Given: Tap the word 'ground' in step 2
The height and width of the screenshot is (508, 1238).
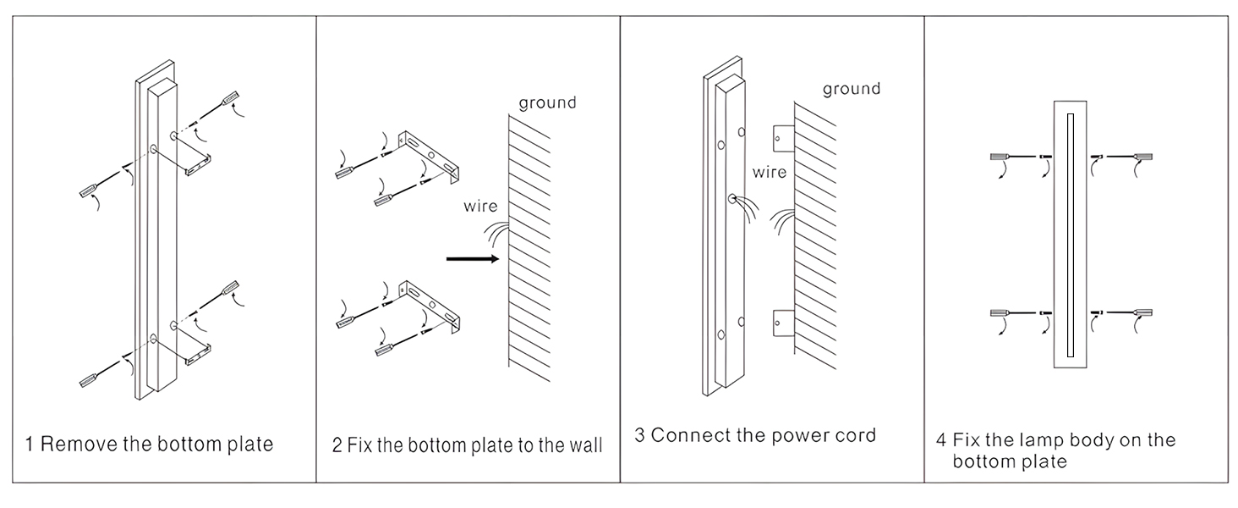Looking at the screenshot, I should (547, 102).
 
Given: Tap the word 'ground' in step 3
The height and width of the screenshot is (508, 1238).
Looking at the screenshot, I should (851, 88).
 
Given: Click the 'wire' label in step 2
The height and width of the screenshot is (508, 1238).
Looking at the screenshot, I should (479, 206).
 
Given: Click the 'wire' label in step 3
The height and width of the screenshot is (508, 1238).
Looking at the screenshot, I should (770, 172).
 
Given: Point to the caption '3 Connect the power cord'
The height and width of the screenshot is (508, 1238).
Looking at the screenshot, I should (755, 436).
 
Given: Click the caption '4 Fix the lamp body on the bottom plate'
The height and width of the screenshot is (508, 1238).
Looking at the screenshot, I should (1054, 450).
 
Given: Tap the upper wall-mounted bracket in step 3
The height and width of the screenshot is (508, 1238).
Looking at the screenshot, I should (782, 135).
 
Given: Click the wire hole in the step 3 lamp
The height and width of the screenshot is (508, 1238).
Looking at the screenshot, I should (731, 200).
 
